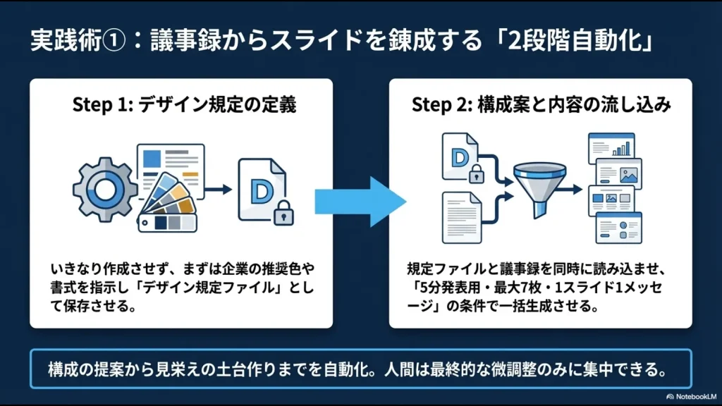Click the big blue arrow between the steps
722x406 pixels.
point(360,202)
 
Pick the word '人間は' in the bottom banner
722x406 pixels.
point(440,369)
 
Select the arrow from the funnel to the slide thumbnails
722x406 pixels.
point(573,188)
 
